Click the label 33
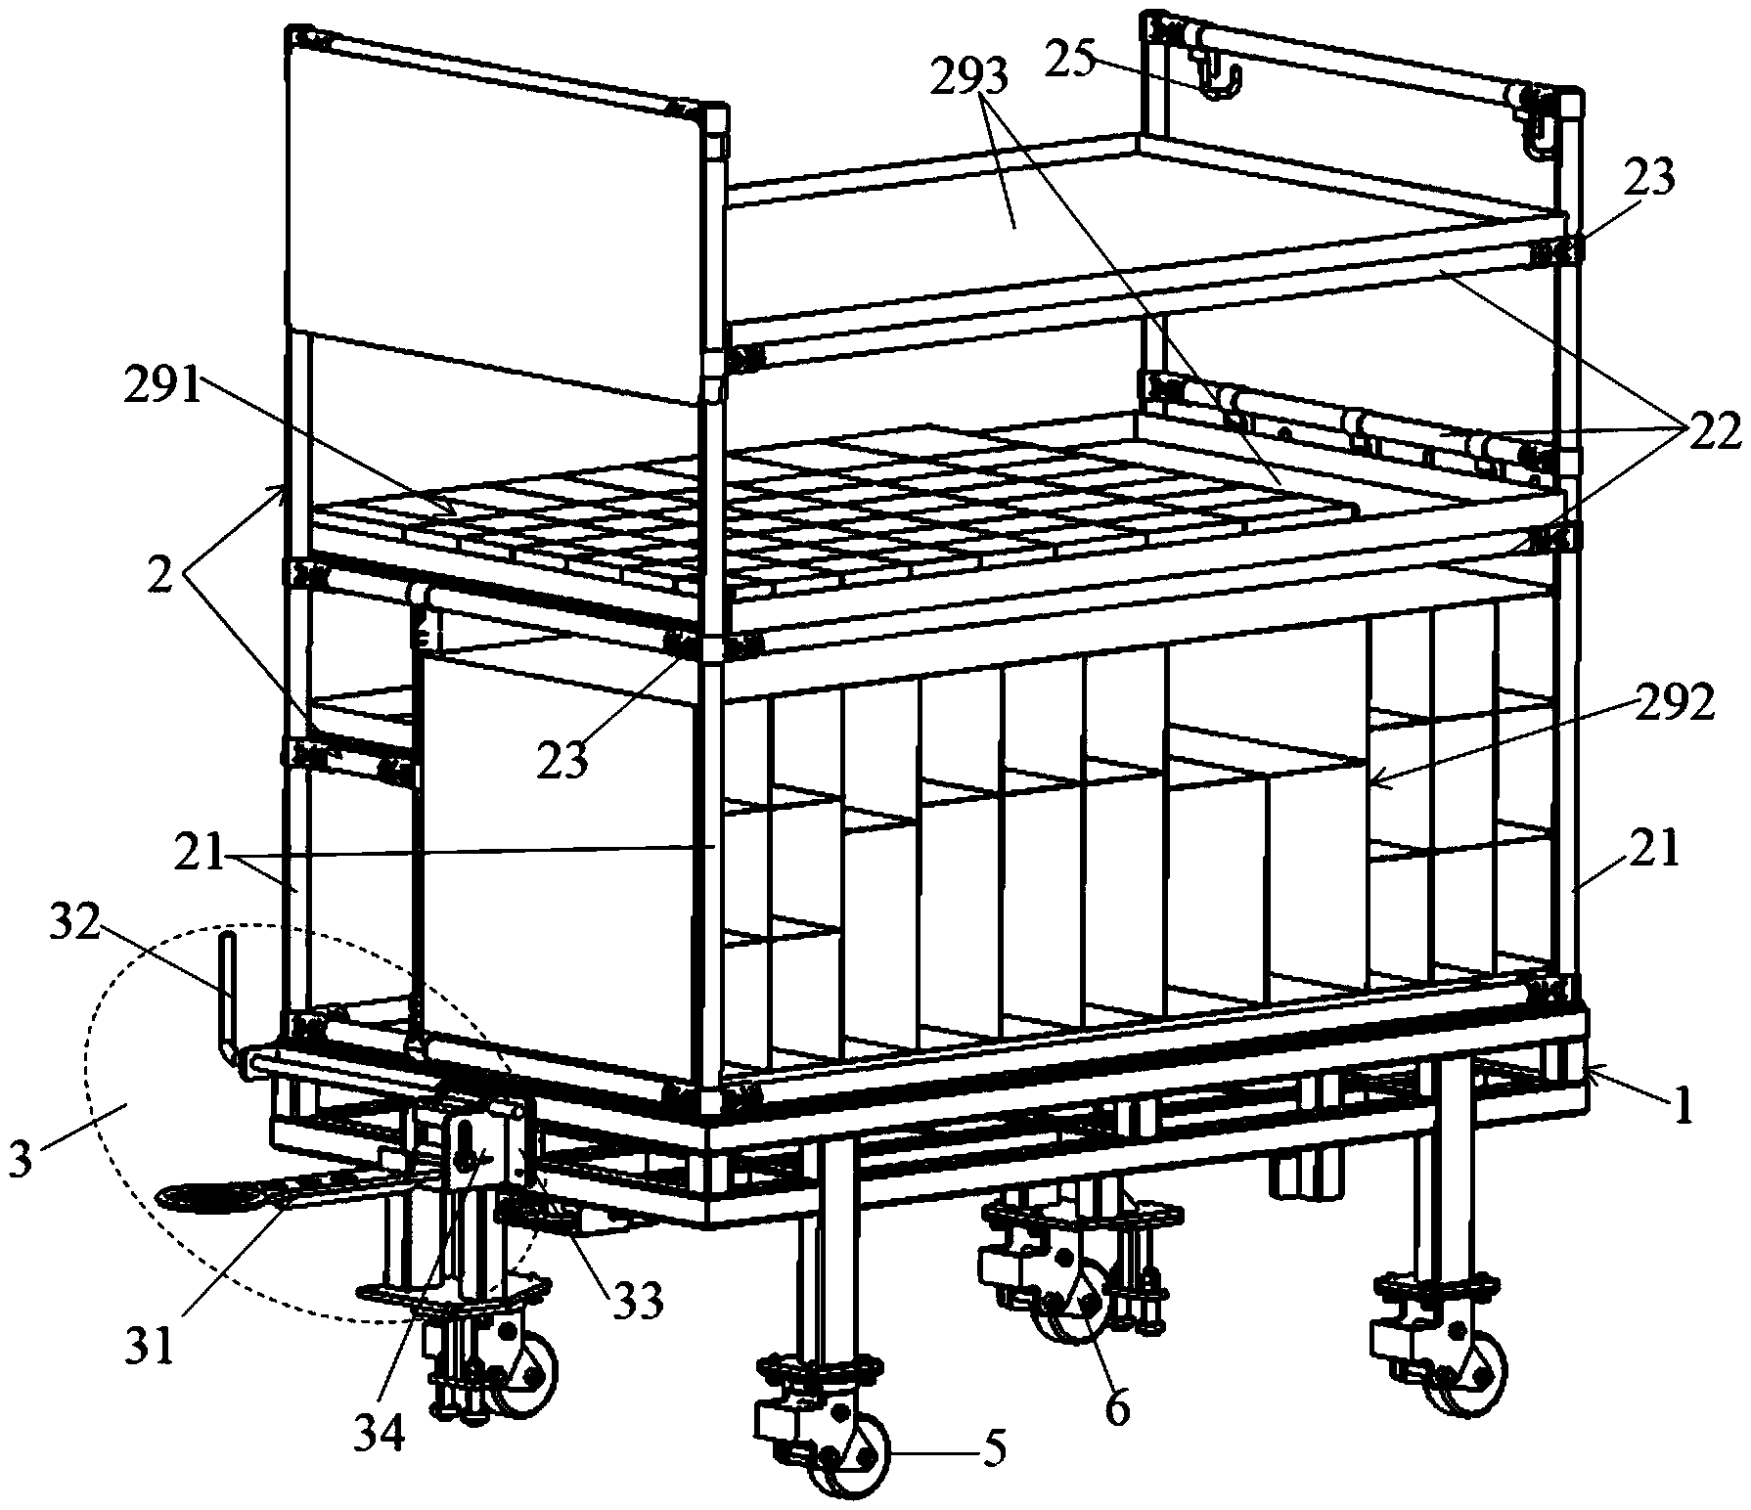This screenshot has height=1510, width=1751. point(637,1301)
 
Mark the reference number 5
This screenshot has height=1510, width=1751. point(992,1448)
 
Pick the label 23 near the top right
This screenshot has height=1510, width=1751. point(1649,178)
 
